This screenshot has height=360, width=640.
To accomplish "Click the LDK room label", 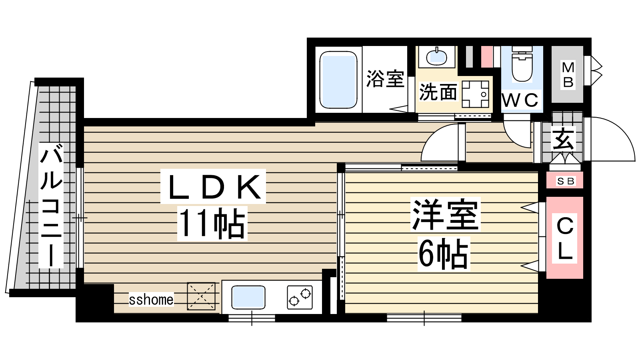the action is [x=214, y=186].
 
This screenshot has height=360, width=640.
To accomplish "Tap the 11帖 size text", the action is [x=212, y=224].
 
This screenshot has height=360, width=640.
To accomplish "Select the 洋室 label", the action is [x=446, y=214].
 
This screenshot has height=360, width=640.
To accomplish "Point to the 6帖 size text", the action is [x=444, y=254].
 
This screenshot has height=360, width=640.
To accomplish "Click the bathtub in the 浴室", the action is [x=338, y=80].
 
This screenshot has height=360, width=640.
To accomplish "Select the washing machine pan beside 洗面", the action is [x=476, y=94].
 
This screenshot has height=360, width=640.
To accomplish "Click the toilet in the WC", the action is [x=522, y=64].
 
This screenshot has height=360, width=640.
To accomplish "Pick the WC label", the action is [x=520, y=100].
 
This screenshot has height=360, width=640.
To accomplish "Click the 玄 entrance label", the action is [x=563, y=139].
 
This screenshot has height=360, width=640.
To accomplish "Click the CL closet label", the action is [x=565, y=238].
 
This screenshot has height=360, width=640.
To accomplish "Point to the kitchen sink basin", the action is [x=248, y=298].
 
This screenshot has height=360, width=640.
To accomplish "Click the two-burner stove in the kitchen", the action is [x=300, y=298].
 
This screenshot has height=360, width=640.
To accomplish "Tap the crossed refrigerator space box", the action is [x=201, y=296].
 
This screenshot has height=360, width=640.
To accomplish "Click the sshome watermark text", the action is [x=151, y=300].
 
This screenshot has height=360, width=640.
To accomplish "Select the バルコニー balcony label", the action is [x=51, y=205].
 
